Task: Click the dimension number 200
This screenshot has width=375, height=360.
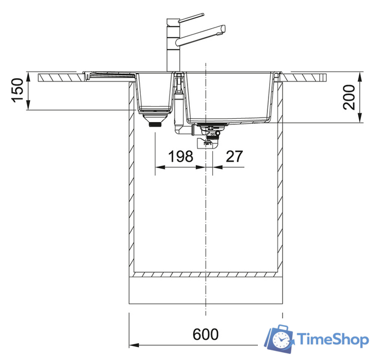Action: click(x=349, y=97)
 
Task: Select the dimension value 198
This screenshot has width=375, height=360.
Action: click(x=180, y=156)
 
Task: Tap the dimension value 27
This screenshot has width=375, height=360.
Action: click(x=234, y=156)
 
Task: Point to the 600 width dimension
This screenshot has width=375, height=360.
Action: click(x=206, y=334)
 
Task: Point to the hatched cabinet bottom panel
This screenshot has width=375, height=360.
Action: click(x=206, y=276)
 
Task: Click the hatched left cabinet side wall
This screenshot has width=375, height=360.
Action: click(x=133, y=180)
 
